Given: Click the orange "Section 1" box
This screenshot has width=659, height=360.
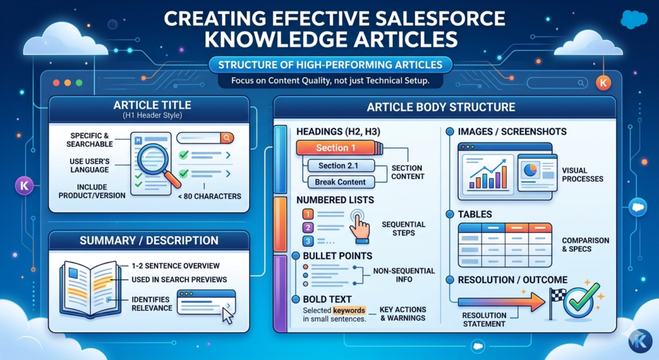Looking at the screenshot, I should point(337,148).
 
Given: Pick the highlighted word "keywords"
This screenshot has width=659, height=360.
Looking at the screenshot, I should point(348,310).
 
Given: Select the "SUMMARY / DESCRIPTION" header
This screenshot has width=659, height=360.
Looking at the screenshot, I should point(149,241).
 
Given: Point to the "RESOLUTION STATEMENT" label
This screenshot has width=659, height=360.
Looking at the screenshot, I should point(485,319).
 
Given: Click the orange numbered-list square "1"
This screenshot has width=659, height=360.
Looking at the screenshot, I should point(308,213).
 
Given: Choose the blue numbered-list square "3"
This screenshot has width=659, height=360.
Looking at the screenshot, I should point(308,242).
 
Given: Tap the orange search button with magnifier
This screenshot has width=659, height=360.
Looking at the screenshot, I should point(226,137).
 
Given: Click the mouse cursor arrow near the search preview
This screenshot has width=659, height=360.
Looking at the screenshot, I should point(227,315).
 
